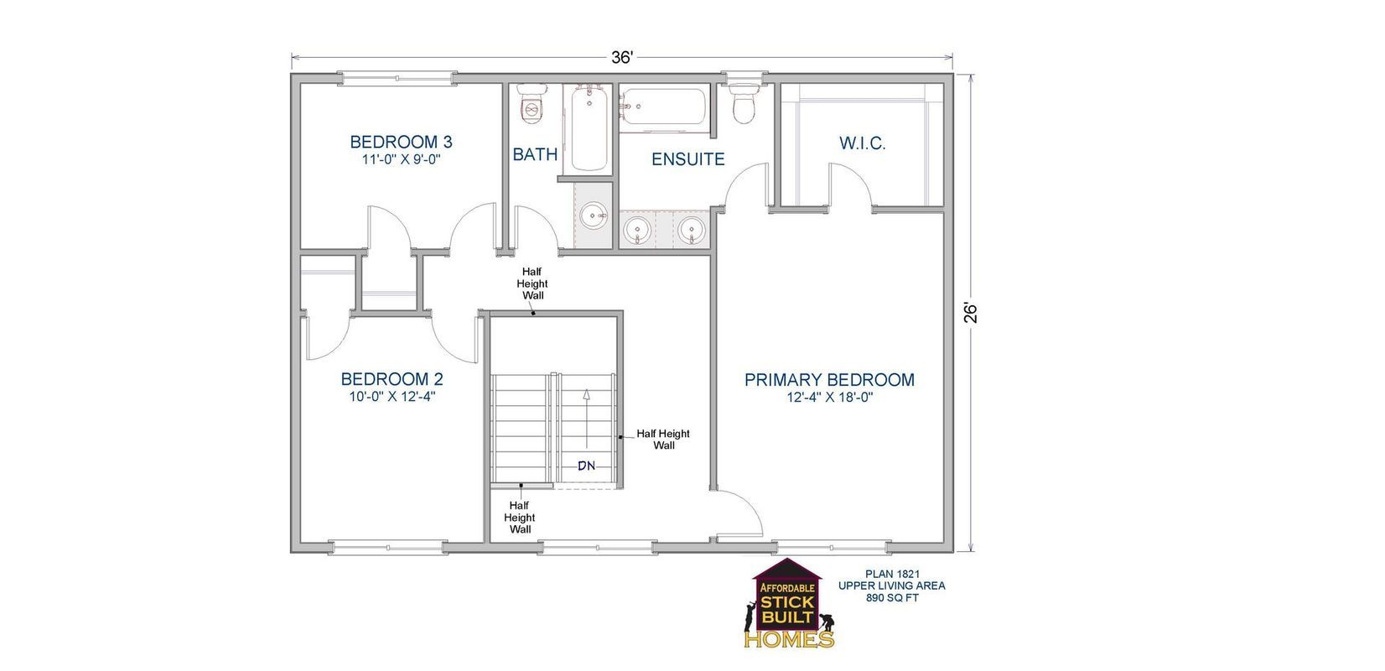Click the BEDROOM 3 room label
pyautogui.click(x=401, y=142)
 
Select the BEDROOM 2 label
pyautogui.click(x=392, y=379)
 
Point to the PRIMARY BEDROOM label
pyautogui.click(x=829, y=380)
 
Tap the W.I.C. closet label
pyautogui.click(x=862, y=143)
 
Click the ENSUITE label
pyautogui.click(x=687, y=159)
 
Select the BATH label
pyautogui.click(x=535, y=154)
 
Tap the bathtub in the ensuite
pyautogui.click(x=666, y=109)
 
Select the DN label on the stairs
pyautogui.click(x=586, y=466)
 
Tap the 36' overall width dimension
pyautogui.click(x=621, y=58)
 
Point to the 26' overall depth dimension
pyautogui.click(x=971, y=312)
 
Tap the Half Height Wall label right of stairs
pyautogui.click(x=663, y=440)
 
